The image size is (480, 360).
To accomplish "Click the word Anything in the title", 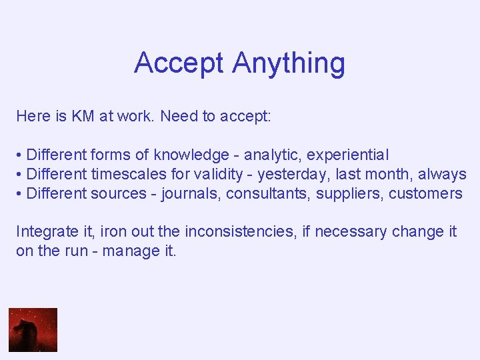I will click(289, 63).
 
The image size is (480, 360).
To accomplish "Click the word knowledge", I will click(191, 155).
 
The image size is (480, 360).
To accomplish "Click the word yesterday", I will click(288, 174).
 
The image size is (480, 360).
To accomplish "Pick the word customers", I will click(425, 193).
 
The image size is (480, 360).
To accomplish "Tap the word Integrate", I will click(41, 231).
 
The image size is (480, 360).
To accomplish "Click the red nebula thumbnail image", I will click(33, 329).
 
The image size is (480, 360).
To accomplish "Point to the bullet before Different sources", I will click(19, 193).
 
